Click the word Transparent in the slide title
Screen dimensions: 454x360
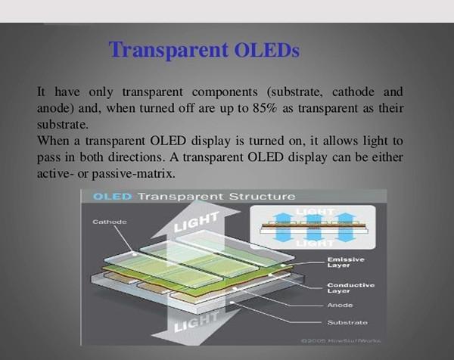point(169,50)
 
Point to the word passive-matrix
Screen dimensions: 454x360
point(133,174)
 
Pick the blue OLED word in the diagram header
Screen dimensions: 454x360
point(112,197)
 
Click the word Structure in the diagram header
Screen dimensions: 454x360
point(263,197)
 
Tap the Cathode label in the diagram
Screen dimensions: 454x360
point(110,222)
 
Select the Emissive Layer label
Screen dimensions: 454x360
point(346,262)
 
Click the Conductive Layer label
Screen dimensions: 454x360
point(351,288)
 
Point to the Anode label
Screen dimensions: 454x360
point(340,306)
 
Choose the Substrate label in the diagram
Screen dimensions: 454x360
point(347,322)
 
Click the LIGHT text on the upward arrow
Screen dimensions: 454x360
point(196,222)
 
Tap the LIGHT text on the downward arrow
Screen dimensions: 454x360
point(196,322)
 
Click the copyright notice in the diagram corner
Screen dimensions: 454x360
point(341,341)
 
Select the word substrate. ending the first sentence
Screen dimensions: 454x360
point(63,125)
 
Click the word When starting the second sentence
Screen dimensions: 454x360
point(53,141)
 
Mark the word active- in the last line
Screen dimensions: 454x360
point(54,174)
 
